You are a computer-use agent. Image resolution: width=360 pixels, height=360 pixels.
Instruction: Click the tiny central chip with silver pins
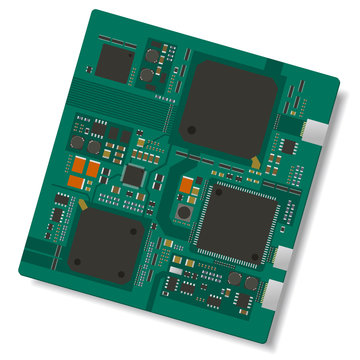tap(134, 176)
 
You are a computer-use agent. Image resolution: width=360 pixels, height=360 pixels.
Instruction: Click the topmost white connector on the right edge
tap(315, 129)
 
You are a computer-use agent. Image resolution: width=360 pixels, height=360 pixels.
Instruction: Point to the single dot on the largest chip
tap(191, 128)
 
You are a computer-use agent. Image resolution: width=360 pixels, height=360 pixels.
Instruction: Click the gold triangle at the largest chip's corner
tap(256, 160)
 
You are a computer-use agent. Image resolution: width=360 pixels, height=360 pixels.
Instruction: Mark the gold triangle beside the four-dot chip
tap(89, 201)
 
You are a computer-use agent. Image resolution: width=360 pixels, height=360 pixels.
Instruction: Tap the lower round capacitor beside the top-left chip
tap(147, 75)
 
